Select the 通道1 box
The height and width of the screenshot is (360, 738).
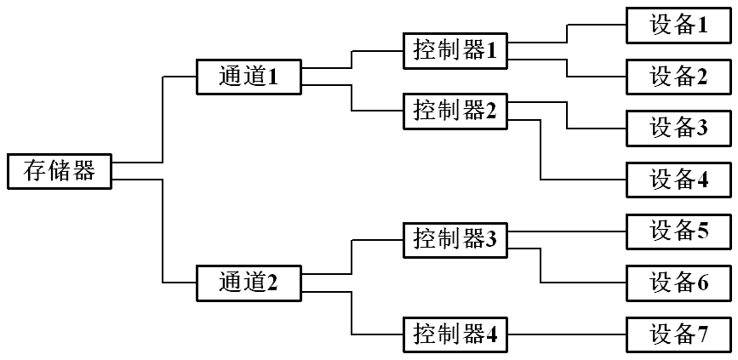(249, 77)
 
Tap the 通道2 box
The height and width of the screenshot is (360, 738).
(249, 283)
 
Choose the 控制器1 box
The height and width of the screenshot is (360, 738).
(455, 50)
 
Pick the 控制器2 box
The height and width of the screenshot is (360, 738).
(455, 111)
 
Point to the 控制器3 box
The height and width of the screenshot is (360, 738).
(455, 239)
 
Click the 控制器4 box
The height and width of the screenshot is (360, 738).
(455, 334)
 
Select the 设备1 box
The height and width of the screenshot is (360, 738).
(678, 26)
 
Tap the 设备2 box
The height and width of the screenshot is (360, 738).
(678, 77)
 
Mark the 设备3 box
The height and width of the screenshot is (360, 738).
(678, 128)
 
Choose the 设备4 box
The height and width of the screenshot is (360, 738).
(678, 179)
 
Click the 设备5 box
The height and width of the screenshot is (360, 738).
(678, 231)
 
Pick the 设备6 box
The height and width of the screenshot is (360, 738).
(678, 282)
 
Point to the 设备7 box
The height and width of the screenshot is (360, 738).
(678, 334)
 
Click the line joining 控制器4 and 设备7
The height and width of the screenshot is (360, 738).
(566, 334)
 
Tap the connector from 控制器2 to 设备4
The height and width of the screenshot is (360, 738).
(541, 153)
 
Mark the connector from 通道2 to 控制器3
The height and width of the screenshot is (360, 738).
(352, 255)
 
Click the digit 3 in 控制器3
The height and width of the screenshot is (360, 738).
(491, 240)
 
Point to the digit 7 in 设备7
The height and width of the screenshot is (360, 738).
(702, 334)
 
